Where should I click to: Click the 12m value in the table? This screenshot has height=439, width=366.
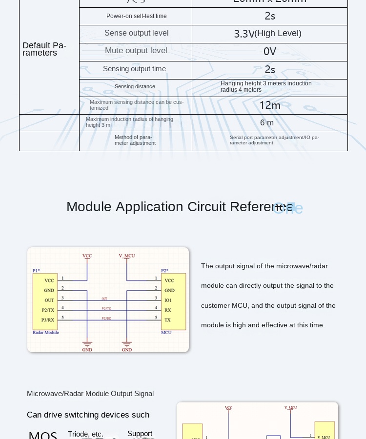point(270,105)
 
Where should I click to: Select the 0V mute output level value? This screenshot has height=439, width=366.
point(270,51)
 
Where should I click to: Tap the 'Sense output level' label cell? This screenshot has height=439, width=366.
point(136,33)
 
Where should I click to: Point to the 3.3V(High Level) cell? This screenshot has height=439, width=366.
point(268,34)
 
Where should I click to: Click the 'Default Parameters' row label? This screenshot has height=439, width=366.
point(44,49)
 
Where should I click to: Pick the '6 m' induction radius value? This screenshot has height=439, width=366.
point(267,123)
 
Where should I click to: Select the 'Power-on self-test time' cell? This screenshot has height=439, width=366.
point(136,16)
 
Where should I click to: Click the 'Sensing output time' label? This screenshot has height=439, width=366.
point(134,69)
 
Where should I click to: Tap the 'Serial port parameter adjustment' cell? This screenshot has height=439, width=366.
point(274,140)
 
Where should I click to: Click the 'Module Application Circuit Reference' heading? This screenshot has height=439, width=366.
point(180,207)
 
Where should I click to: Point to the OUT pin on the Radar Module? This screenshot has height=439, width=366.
point(49,300)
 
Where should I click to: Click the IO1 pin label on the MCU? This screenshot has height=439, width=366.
point(168,300)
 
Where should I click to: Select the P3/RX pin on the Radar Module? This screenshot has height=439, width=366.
point(48,320)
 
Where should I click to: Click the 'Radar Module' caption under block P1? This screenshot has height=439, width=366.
point(46,333)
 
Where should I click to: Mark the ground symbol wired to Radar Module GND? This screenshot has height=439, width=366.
point(87,344)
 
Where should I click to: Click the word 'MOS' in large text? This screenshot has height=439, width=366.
point(43,434)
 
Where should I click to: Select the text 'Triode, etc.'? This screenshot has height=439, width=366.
point(85,434)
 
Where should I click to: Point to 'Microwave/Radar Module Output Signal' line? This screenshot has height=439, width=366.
point(90,394)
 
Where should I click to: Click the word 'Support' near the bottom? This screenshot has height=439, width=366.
point(140,434)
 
